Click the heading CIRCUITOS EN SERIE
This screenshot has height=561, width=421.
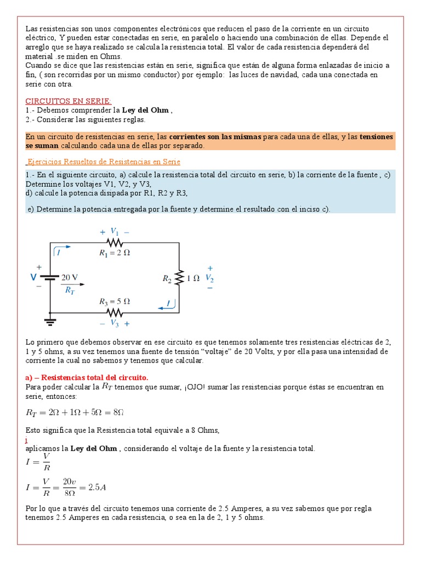point(69,101)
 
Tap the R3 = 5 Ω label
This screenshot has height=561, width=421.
point(114,301)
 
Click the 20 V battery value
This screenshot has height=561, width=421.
point(70,277)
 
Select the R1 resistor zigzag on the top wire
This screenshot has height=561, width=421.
point(114,242)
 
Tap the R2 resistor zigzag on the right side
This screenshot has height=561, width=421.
point(179,277)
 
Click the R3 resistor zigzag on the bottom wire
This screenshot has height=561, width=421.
point(114,313)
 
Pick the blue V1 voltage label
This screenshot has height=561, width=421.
point(114,231)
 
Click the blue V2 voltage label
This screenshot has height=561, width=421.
point(209,278)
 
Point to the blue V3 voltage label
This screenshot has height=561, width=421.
point(114,323)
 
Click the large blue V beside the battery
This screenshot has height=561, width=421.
point(33,278)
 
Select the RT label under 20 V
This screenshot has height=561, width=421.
point(70,291)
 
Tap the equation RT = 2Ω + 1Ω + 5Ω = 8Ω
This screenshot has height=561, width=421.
point(78,412)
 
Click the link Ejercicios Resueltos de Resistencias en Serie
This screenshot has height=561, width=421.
point(104,162)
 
